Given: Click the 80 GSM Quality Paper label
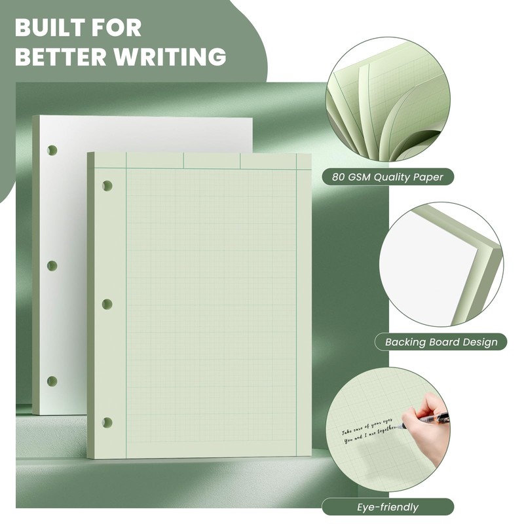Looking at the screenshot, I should point(388,176).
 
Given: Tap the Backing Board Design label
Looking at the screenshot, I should point(441,341).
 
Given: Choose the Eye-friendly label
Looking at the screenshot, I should point(388,506).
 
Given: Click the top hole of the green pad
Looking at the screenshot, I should point(107,186).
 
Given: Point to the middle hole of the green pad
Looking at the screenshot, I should point(107,304).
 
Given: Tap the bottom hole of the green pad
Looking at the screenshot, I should point(107,422).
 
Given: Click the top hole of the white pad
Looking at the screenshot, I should point(52,150).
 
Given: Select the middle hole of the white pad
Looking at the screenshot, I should point(52,266).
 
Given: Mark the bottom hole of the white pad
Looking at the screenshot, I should point(52,381).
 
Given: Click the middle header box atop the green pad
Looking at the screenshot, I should point(212,160).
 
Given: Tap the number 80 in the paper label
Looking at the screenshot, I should point(340,176).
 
